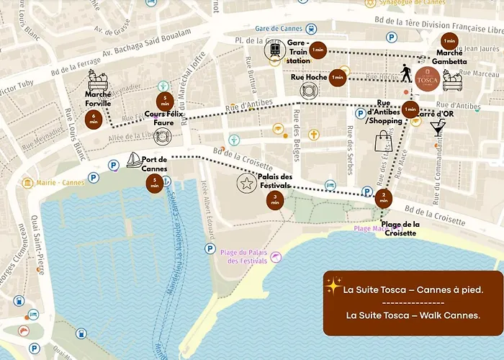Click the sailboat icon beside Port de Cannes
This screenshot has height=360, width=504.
point(133,160)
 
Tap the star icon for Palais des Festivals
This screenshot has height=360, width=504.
point(246,183)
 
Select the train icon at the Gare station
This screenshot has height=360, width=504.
point(275,50)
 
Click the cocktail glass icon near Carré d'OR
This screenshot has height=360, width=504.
point(437,129)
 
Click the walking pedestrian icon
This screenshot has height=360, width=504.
point(407,73)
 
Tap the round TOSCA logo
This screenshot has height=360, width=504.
point(427,76)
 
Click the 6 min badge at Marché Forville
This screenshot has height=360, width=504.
point(94,119)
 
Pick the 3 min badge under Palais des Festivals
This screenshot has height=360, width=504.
point(275,200)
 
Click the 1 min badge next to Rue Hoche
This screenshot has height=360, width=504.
point(337,77)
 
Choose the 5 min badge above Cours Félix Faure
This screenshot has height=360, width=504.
point(165,102)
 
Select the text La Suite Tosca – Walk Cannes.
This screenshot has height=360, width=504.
point(413,315)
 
